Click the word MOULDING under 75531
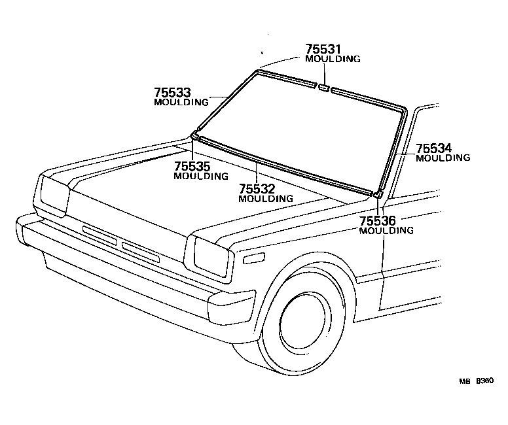coord(333,59)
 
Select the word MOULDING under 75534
coord(443,158)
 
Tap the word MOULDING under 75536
coord(387,230)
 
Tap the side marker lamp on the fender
coord(252,259)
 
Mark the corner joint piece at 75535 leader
coord(194,135)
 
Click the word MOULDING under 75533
coord(181,102)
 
